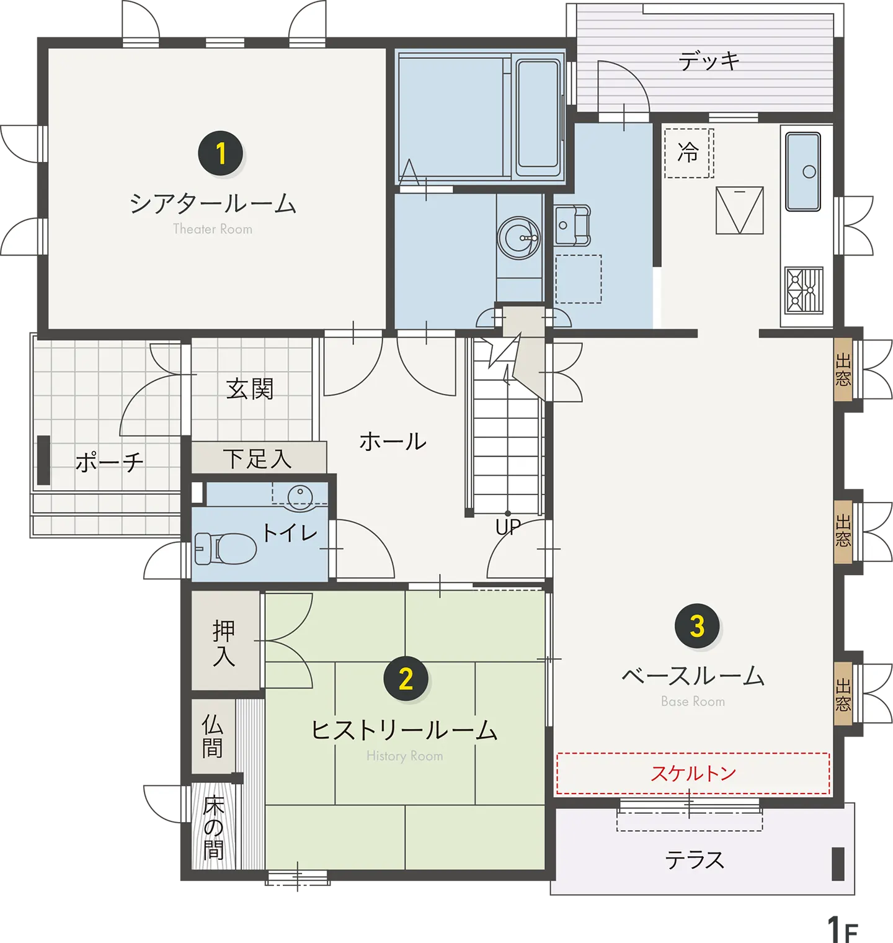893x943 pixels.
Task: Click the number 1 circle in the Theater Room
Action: [221, 153]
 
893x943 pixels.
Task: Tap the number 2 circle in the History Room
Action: [406, 678]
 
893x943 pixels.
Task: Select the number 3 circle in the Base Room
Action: [697, 626]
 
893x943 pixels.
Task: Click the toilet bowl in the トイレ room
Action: [226, 548]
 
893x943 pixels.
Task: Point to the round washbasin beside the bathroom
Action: [519, 237]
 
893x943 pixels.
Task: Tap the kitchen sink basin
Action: [803, 172]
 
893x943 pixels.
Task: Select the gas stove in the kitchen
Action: [804, 290]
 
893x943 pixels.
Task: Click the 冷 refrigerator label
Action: [688, 152]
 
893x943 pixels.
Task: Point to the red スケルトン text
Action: [693, 773]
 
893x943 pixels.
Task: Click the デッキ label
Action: [709, 61]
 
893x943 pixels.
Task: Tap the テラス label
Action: [695, 860]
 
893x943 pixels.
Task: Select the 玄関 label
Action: [250, 389]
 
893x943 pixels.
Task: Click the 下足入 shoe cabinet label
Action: [257, 459]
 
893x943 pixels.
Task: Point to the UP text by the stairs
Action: [508, 527]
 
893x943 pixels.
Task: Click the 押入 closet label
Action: [224, 643]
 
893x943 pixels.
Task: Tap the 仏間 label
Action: [212, 736]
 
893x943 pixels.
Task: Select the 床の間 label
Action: [213, 828]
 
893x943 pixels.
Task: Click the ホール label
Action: [393, 442]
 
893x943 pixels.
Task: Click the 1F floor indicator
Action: [842, 929]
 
